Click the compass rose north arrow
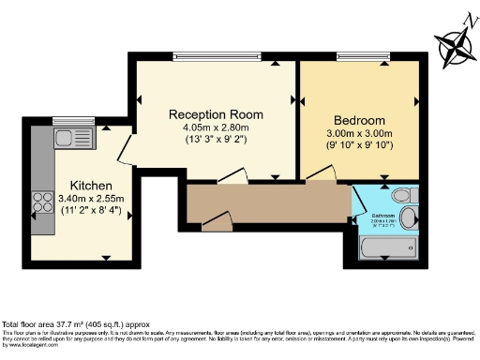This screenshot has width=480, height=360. (x=454, y=44)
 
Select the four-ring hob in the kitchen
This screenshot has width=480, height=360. (x=43, y=201)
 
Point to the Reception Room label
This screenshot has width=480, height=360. (x=216, y=114)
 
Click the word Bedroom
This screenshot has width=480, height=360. (x=358, y=122)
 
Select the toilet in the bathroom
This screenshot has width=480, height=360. (x=402, y=196)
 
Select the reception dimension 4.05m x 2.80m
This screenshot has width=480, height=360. (x=216, y=128)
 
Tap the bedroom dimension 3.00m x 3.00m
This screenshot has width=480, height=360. (x=358, y=135)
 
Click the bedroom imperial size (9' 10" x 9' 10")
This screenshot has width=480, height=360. (x=358, y=147)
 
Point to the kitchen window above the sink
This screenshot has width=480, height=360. (x=68, y=119)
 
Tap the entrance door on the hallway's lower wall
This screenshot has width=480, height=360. (x=217, y=222)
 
